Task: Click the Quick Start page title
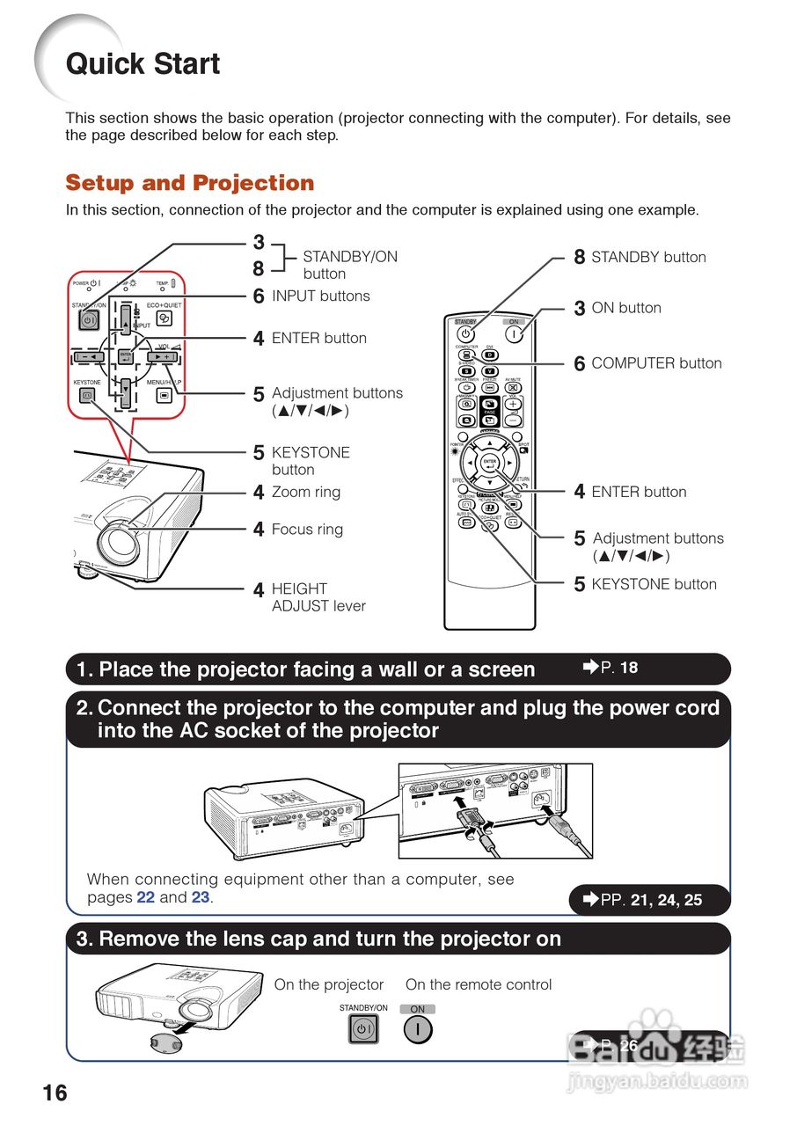click(x=143, y=64)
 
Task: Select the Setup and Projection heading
click(x=189, y=183)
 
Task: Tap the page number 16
click(x=55, y=1093)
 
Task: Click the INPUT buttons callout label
click(x=320, y=296)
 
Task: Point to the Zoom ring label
click(x=305, y=493)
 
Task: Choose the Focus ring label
click(x=307, y=530)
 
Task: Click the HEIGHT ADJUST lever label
click(x=318, y=597)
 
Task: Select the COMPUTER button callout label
click(x=656, y=363)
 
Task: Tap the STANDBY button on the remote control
click(x=466, y=335)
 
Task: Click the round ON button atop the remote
click(x=515, y=335)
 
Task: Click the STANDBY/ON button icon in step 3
click(x=363, y=1029)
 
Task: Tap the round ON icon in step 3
click(x=418, y=1029)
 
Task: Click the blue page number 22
click(x=146, y=898)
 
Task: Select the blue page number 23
click(x=201, y=898)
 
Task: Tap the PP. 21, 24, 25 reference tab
click(x=651, y=900)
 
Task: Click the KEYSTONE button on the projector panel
click(x=87, y=396)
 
